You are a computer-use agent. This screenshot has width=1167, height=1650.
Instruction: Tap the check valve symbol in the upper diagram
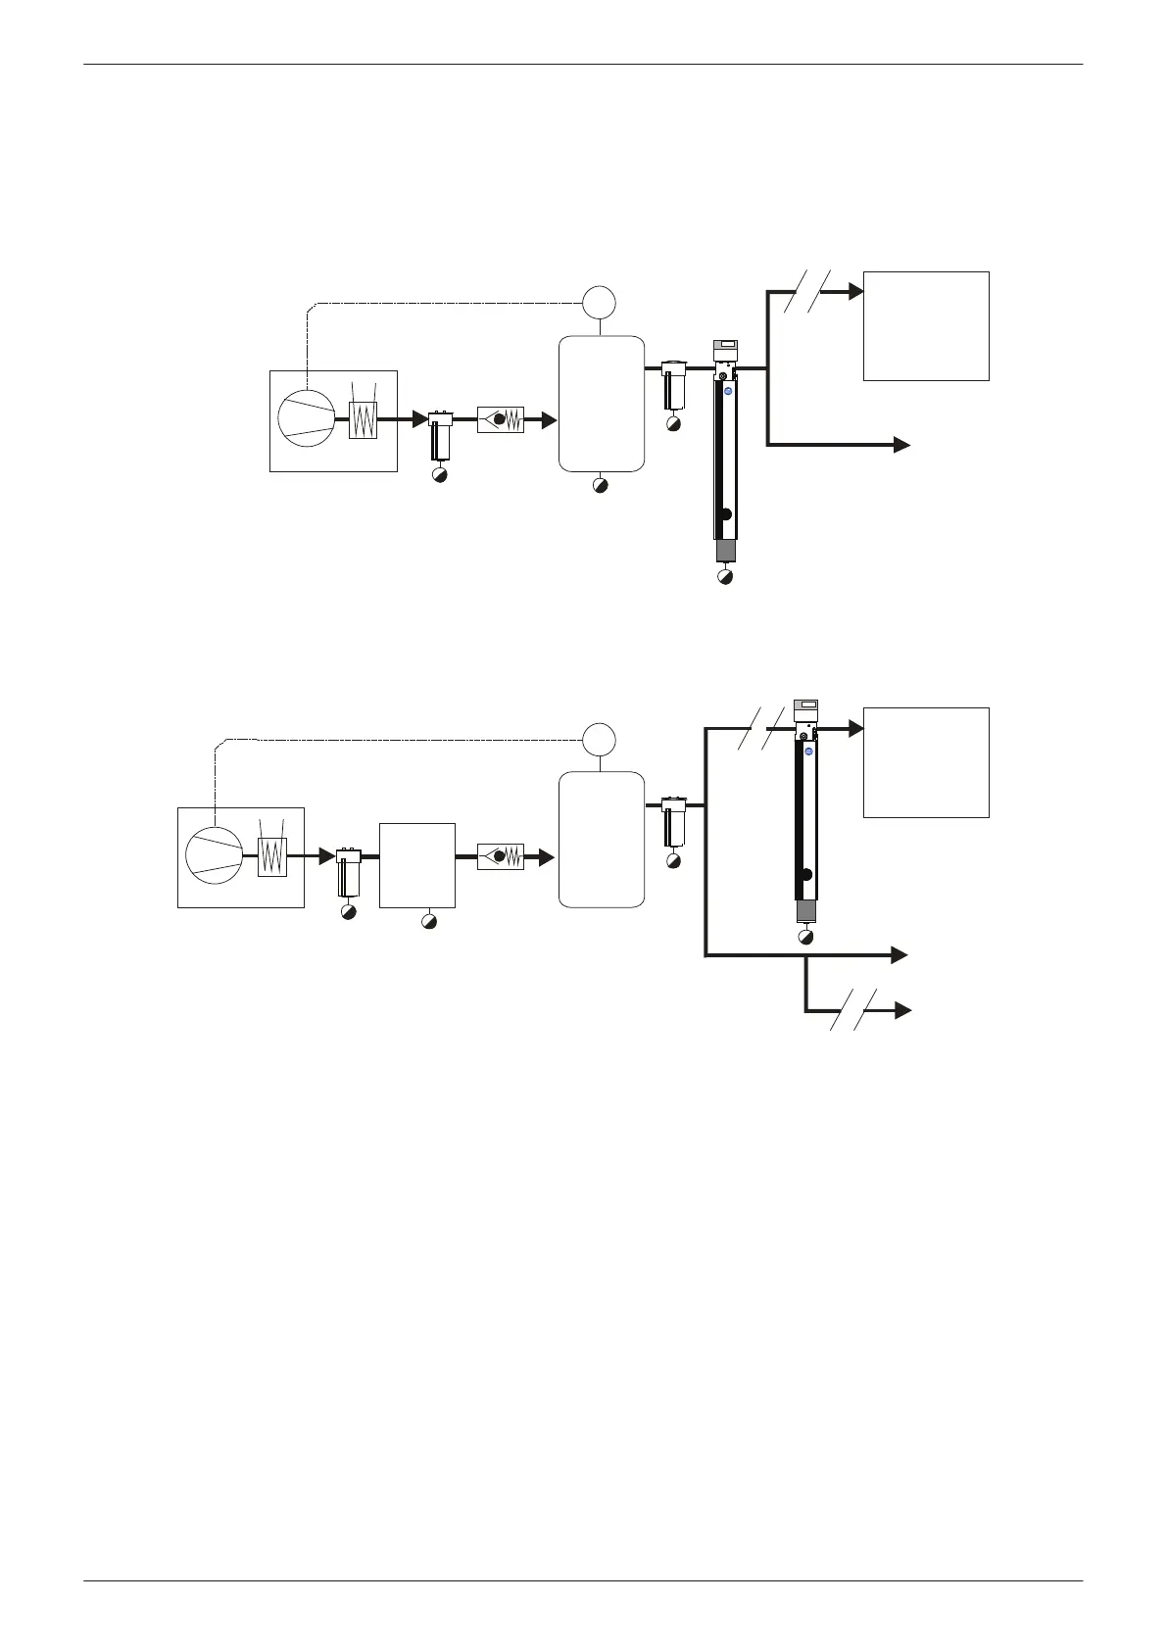pos(501,419)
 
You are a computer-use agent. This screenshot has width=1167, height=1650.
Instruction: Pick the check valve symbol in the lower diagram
pos(501,855)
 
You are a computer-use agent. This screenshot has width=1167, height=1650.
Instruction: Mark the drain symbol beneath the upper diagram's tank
pos(601,485)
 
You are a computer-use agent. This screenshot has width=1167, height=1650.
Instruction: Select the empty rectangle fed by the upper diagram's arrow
pos(926,325)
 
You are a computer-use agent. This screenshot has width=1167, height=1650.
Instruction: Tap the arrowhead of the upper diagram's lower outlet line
pos(902,445)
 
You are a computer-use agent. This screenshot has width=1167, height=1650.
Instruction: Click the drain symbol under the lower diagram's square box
pos(428,922)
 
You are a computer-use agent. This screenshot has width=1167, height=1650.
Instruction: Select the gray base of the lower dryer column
pos(805,911)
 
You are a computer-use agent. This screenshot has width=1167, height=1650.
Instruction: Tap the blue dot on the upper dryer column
pos(728,391)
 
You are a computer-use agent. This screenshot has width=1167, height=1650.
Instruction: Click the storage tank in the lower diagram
pos(602,839)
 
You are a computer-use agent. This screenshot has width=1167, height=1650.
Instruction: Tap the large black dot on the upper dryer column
pos(725,514)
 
